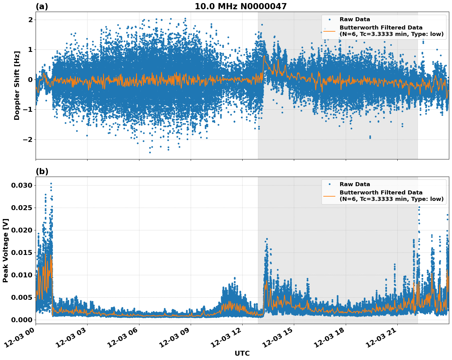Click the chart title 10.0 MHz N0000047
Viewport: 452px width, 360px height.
coord(240,6)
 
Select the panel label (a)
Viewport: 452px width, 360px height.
coord(42,6)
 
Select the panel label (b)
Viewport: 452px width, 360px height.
coord(42,171)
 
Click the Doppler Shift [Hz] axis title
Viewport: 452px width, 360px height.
coord(17,85)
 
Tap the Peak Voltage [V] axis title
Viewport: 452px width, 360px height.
coord(6,250)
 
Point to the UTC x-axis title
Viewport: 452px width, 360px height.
coord(242,353)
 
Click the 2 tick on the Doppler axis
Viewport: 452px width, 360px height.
coord(30,20)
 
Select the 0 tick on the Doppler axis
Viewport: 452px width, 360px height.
coord(30,80)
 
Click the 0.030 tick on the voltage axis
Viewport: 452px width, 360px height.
coord(22,185)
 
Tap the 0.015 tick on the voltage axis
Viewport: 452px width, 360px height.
coord(22,252)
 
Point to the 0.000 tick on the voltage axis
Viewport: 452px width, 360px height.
coord(22,320)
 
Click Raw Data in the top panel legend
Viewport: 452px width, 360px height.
coord(355,19)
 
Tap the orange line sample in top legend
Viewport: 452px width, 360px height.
coord(329,31)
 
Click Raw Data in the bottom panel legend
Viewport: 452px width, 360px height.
coord(355,184)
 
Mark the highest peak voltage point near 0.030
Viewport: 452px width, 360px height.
coord(51,183)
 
